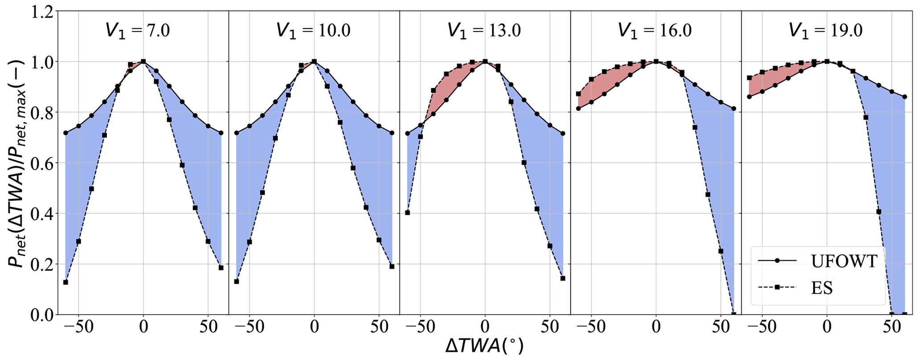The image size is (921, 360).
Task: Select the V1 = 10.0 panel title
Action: click(313, 30)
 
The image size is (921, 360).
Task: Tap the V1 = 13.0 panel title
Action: click(484, 30)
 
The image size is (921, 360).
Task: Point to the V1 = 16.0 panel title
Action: click(655, 30)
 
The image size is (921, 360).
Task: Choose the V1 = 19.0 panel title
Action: click(826, 30)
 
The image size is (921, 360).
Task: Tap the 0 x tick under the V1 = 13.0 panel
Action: click(485, 327)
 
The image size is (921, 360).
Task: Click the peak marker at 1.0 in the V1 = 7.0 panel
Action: click(143, 61)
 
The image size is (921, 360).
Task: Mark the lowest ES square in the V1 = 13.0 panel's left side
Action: click(407, 213)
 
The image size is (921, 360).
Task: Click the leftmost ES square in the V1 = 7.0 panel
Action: click(65, 282)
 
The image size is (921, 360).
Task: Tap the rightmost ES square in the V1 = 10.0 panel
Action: click(392, 266)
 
